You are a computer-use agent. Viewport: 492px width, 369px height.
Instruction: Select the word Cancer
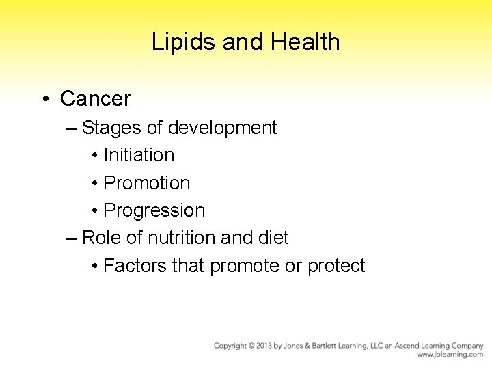95,99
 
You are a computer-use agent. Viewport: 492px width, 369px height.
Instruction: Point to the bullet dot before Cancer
44,100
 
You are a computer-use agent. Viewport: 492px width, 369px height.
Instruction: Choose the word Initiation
139,155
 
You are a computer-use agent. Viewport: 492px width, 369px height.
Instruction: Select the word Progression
154,210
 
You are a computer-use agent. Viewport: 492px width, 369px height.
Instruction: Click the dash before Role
72,238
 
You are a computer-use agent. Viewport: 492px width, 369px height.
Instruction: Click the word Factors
135,265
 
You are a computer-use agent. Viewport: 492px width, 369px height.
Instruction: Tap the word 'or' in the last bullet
293,265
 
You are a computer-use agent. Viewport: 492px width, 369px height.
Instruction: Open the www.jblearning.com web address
450,355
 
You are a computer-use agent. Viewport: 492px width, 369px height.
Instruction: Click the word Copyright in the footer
231,346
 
